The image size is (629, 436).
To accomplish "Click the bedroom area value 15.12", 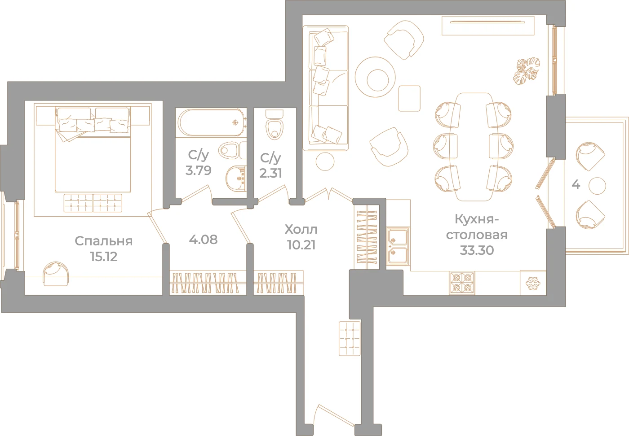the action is click(104, 256).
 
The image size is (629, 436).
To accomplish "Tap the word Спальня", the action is click(104, 241).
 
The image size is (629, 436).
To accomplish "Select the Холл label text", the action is click(301, 230).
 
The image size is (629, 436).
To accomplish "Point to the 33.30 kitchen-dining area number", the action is click(477, 250).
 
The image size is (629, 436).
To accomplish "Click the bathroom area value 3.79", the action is click(198, 170).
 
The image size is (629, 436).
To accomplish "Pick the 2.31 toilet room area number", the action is click(270, 173).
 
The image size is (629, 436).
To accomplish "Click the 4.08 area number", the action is click(203, 240).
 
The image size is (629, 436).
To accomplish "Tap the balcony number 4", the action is click(576, 184).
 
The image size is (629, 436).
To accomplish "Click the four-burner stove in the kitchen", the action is click(462, 283).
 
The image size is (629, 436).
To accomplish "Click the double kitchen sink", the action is click(398, 246).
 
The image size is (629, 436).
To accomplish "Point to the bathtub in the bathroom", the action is click(212, 122).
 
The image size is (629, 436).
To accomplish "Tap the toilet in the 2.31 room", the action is click(275, 125).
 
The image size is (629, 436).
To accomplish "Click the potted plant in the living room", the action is click(527, 71).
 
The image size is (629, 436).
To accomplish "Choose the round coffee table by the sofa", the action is click(375, 77).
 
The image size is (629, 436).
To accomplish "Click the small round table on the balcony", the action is click(597, 186).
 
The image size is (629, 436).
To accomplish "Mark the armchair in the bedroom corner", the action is click(56, 274).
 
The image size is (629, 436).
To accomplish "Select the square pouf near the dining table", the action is click(409, 98).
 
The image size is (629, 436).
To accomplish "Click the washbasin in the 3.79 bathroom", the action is click(235, 178).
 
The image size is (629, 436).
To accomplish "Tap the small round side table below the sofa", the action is click(325, 161).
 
